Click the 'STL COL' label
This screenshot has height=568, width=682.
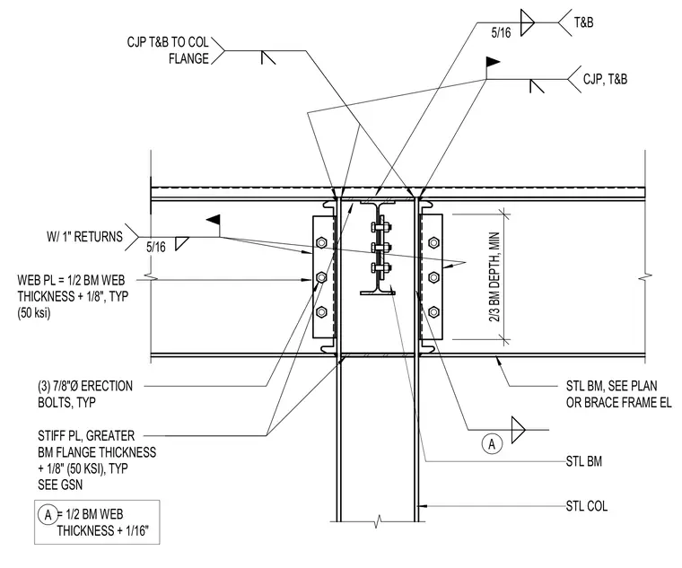pyautogui.click(x=586, y=506)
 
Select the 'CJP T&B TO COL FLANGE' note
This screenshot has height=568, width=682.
pyautogui.click(x=168, y=50)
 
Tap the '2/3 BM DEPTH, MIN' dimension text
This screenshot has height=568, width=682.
pyautogui.click(x=494, y=276)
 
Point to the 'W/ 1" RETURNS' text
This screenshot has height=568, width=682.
pyautogui.click(x=85, y=237)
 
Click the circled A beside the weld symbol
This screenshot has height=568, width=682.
pyautogui.click(x=492, y=444)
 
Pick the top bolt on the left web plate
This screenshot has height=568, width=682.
pyautogui.click(x=321, y=241)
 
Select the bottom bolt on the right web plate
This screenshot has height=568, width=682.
pyautogui.click(x=433, y=311)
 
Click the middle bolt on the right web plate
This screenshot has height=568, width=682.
pyautogui.click(x=433, y=276)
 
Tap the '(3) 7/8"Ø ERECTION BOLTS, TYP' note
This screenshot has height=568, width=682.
pyautogui.click(x=85, y=394)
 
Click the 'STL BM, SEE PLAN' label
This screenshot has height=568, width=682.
pyautogui.click(x=611, y=386)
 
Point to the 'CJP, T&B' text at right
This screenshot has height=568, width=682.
pyautogui.click(x=605, y=79)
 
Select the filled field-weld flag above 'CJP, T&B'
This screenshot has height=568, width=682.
pyautogui.click(x=493, y=62)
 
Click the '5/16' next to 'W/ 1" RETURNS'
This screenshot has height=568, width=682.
pyautogui.click(x=156, y=248)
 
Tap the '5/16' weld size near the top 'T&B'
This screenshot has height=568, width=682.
pyautogui.click(x=501, y=32)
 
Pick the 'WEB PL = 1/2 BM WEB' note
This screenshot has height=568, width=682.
pyautogui.click(x=71, y=280)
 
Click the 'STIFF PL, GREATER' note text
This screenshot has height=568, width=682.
pyautogui.click(x=86, y=436)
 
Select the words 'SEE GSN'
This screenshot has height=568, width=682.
pyautogui.click(x=60, y=485)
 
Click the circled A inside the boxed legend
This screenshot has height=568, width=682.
pyautogui.click(x=48, y=515)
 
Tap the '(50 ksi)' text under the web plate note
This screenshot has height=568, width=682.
pyautogui.click(x=34, y=313)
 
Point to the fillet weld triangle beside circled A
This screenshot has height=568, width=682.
pyautogui.click(x=518, y=430)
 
